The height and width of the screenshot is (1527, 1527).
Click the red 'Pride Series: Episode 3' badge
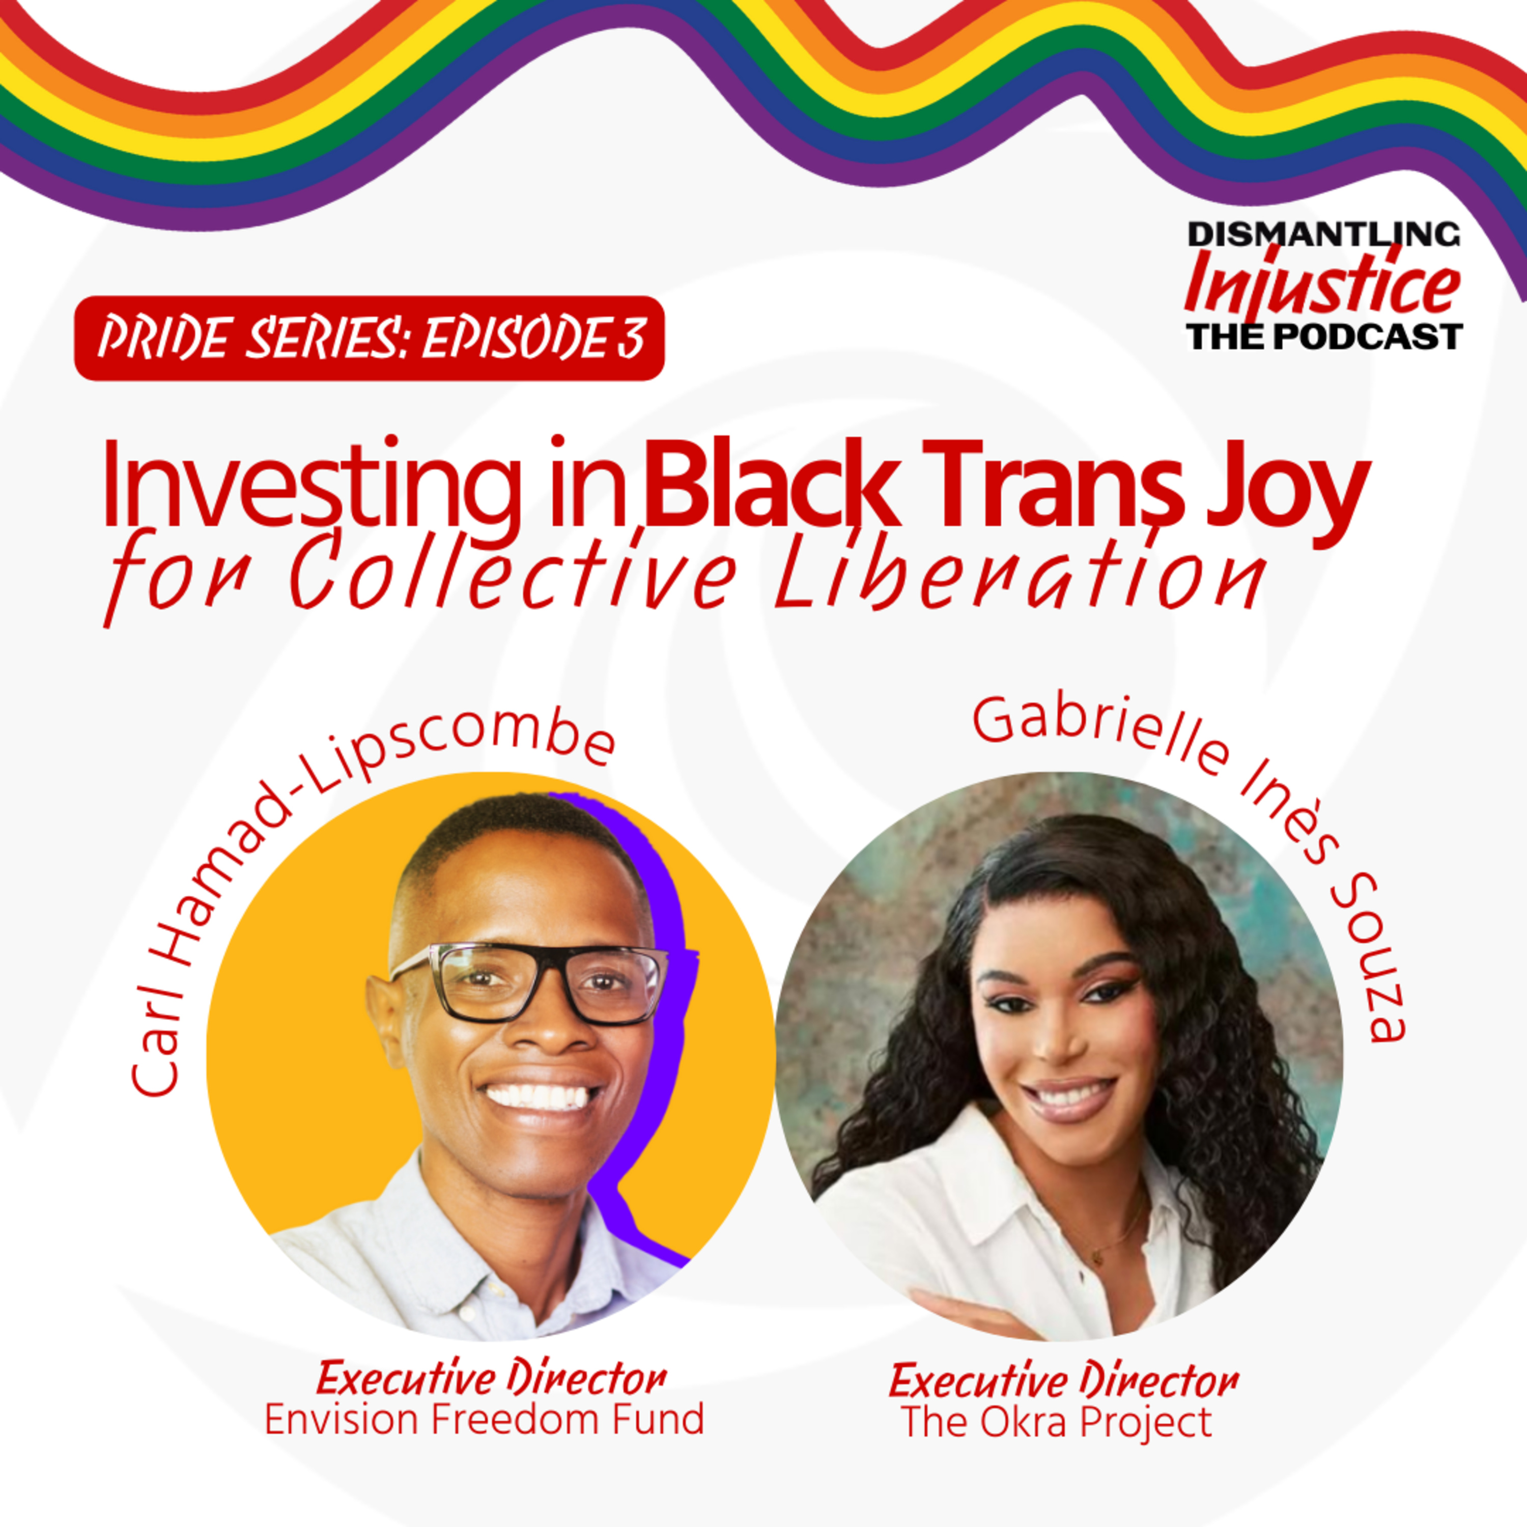click(x=369, y=338)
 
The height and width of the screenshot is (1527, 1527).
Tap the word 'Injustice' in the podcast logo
click(x=1321, y=286)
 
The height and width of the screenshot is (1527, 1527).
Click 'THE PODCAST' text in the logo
click(x=1324, y=336)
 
